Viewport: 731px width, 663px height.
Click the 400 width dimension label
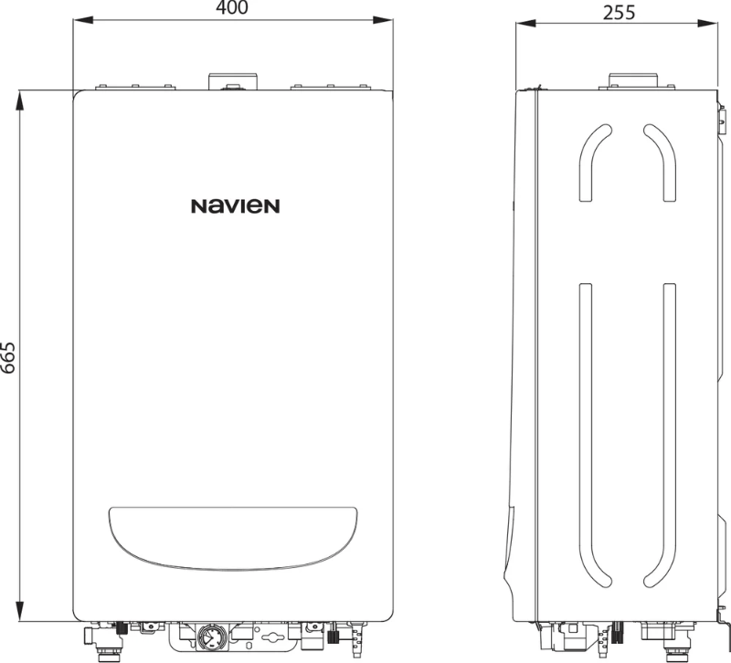(x=232, y=7)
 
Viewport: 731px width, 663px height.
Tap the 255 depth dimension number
(x=620, y=13)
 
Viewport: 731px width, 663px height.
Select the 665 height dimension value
(x=8, y=357)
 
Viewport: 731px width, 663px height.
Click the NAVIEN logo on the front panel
(x=236, y=206)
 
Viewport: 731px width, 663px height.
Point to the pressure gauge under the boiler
(x=213, y=637)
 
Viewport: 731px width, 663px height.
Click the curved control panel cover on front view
(x=233, y=538)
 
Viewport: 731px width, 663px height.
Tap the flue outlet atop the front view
(x=233, y=81)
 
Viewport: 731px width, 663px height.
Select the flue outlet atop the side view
(x=634, y=80)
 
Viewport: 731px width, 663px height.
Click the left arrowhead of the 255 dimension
(x=526, y=24)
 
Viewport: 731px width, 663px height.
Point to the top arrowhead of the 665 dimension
(x=19, y=100)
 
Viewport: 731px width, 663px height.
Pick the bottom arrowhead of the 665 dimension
(x=19, y=611)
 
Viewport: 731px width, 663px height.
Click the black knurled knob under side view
(x=617, y=633)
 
